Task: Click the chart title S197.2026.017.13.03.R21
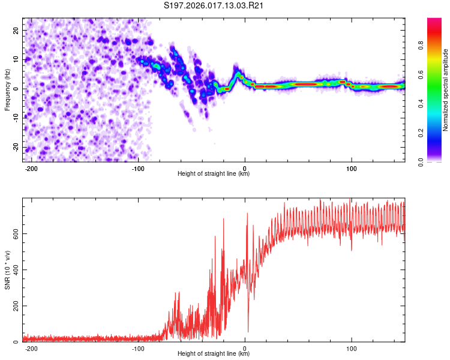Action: [x=214, y=6]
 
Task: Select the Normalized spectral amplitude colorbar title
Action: [x=445, y=90]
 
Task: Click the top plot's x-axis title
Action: [x=214, y=173]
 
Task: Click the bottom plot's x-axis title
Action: [x=214, y=353]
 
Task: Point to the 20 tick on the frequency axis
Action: [x=17, y=30]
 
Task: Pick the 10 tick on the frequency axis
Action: [x=17, y=59]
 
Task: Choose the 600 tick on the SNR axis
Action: [x=14, y=233]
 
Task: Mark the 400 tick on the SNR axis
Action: [x=14, y=269]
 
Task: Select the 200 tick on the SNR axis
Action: [x=14, y=306]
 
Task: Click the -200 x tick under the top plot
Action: [x=31, y=167]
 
